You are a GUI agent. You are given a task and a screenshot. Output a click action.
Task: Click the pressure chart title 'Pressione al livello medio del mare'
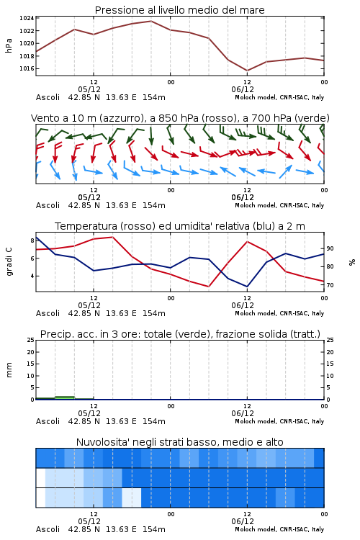179,10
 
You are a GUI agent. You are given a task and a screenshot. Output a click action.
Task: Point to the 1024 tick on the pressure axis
27,18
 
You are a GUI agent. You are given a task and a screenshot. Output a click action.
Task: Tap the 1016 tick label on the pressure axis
27,68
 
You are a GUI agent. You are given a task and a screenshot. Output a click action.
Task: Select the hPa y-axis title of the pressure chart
9,45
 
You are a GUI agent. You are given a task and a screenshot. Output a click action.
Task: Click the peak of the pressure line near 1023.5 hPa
151,21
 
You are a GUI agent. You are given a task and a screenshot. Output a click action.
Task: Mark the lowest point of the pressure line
247,71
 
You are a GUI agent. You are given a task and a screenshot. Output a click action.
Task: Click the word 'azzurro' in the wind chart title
120,118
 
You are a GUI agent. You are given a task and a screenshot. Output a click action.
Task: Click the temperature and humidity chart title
180,226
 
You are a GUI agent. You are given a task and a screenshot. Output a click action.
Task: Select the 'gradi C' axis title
9,261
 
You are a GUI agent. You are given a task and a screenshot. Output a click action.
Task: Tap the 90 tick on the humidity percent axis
330,248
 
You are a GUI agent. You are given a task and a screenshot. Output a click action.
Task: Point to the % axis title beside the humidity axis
352,262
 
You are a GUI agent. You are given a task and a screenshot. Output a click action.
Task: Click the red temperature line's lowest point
209,287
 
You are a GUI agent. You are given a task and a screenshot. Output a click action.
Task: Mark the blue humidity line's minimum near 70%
247,287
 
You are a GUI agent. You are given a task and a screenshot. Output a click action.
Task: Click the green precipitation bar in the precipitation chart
65,397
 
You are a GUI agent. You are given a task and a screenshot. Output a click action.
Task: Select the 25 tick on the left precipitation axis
31,340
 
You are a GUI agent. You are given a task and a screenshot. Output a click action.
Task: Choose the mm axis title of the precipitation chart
9,369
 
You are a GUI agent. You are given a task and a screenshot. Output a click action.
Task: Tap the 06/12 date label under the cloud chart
243,521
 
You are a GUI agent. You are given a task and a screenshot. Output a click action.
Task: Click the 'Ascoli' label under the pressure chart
48,97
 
